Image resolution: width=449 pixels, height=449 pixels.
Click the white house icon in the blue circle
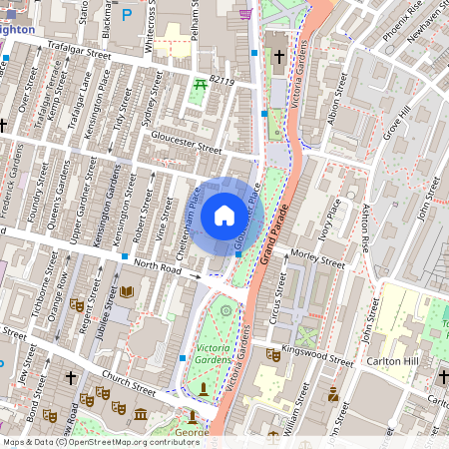click(224, 215)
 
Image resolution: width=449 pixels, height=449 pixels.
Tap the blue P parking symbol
click(126, 15)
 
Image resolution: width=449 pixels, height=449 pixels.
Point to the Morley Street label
click(316, 260)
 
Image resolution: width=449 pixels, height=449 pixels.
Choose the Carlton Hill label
click(390, 361)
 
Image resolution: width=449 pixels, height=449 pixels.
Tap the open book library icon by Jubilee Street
click(126, 291)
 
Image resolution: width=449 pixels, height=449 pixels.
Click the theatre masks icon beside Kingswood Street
click(272, 353)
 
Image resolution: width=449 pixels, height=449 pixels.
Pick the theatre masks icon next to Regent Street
click(76, 304)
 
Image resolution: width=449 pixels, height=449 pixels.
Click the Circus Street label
click(281, 298)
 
